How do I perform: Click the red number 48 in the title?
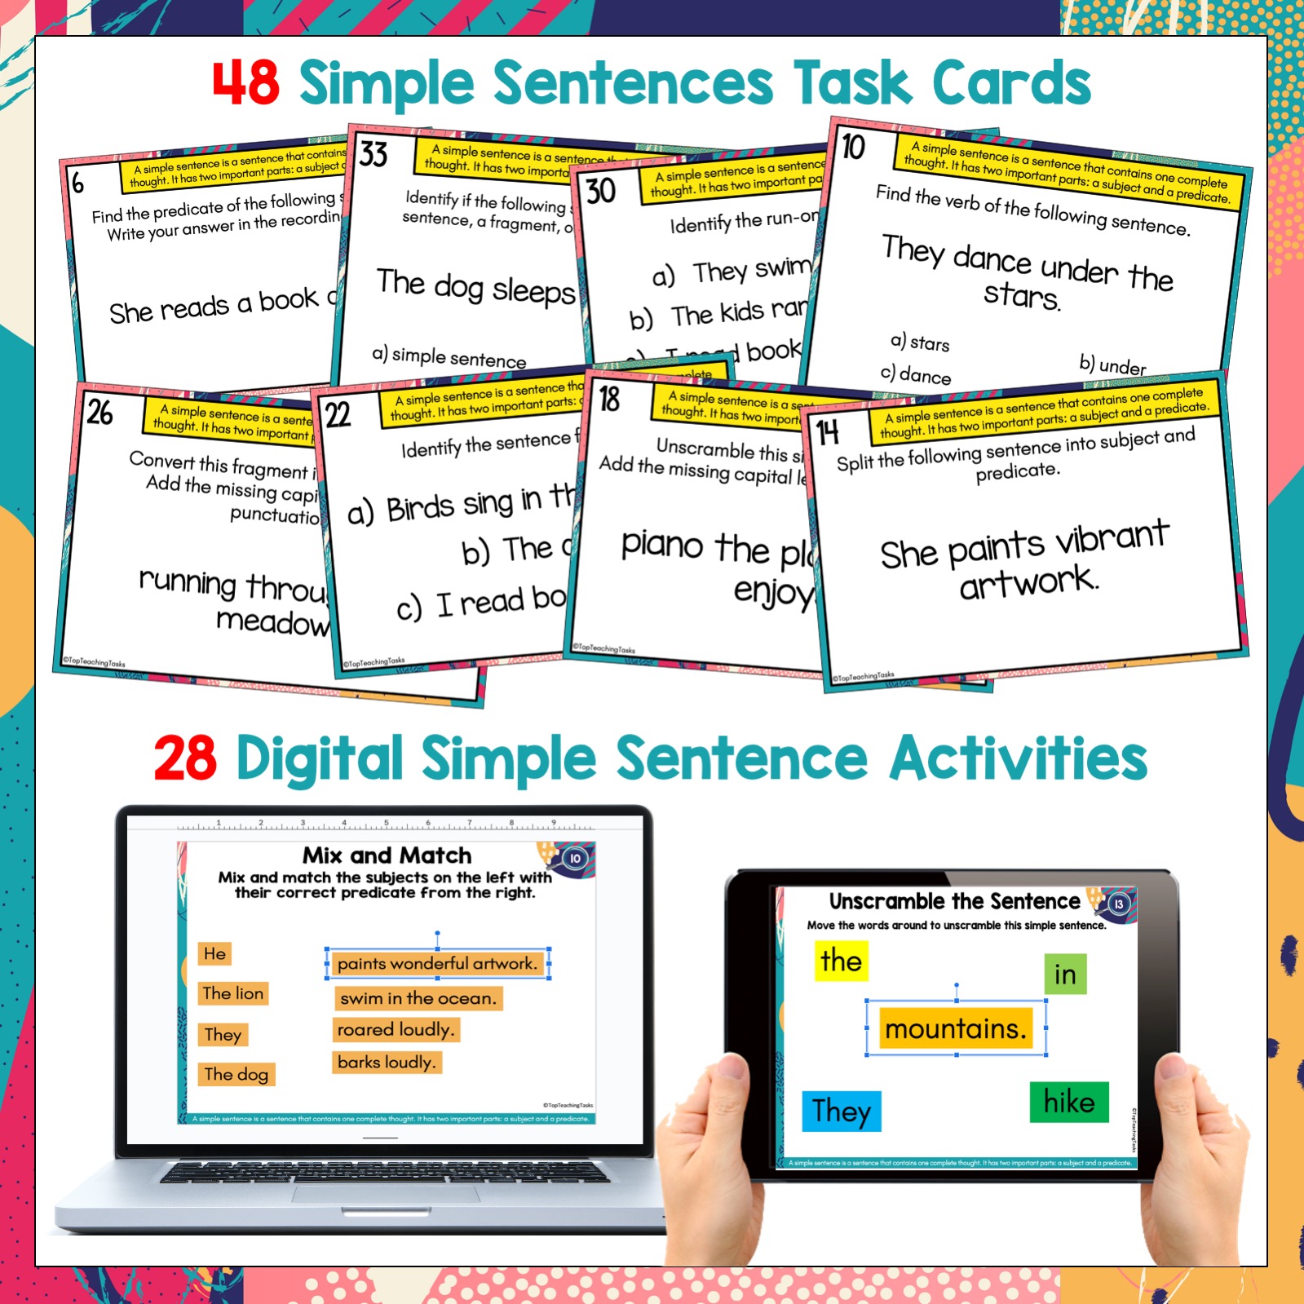[245, 83]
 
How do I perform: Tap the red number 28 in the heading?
[186, 758]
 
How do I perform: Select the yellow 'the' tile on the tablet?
[841, 961]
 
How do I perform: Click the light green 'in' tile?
[1065, 975]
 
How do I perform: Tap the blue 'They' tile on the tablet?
[842, 1111]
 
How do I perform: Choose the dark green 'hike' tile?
[1068, 1103]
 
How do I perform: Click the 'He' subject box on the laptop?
[215, 953]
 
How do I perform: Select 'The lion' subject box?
[233, 993]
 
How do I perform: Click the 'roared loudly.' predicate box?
[396, 1030]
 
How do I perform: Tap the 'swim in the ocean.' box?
[418, 998]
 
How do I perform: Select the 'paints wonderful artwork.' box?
[437, 964]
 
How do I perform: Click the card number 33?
[374, 153]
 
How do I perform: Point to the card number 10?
[853, 148]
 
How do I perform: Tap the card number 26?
[100, 413]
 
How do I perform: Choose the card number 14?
[827, 433]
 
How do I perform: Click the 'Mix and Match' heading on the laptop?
[387, 855]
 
